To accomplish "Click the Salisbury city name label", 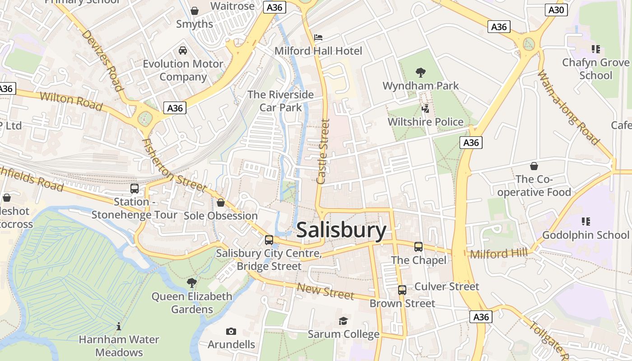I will pyautogui.click(x=341, y=230).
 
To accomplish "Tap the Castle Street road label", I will pyautogui.click(x=324, y=151).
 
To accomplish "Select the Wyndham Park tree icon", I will pyautogui.click(x=421, y=72).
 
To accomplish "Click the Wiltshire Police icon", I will pyautogui.click(x=425, y=108).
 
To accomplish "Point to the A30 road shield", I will pyautogui.click(x=556, y=9).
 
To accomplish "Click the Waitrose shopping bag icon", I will pyautogui.click(x=195, y=10).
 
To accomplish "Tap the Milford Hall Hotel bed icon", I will pyautogui.click(x=318, y=37).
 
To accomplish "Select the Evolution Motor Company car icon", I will pyautogui.click(x=183, y=50).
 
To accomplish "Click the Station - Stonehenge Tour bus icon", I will pyautogui.click(x=135, y=189).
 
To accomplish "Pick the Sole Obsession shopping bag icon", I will pyautogui.click(x=221, y=203).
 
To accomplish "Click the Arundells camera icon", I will pyautogui.click(x=231, y=332).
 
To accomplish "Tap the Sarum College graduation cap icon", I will pyautogui.click(x=344, y=321).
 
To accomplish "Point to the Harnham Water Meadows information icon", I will pyautogui.click(x=119, y=326).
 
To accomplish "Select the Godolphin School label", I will pyautogui.click(x=585, y=235).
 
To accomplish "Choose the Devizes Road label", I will pyautogui.click(x=102, y=60).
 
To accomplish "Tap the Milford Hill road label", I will pyautogui.click(x=498, y=254).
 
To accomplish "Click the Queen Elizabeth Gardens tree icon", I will pyautogui.click(x=192, y=283).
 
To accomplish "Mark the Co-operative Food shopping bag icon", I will pyautogui.click(x=534, y=166).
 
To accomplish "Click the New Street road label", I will pyautogui.click(x=325, y=291).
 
